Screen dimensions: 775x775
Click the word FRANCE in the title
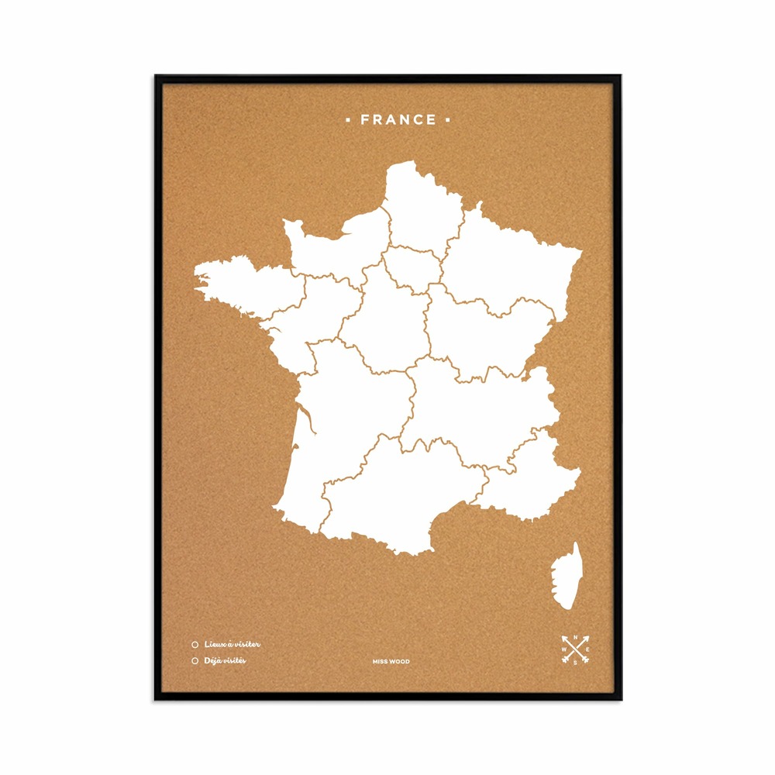(398, 119)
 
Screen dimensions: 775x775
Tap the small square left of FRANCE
(348, 119)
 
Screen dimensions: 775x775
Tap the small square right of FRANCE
(447, 119)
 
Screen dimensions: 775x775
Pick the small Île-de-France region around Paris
(412, 268)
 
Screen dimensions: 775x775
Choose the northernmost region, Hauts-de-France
(422, 209)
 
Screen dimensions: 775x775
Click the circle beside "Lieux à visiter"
(195, 644)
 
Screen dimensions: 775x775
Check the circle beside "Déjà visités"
(195, 660)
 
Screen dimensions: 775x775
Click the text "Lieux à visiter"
(232, 644)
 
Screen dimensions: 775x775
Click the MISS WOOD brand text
(391, 662)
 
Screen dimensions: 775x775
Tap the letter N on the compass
(575, 637)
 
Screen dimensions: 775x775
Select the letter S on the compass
(575, 663)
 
